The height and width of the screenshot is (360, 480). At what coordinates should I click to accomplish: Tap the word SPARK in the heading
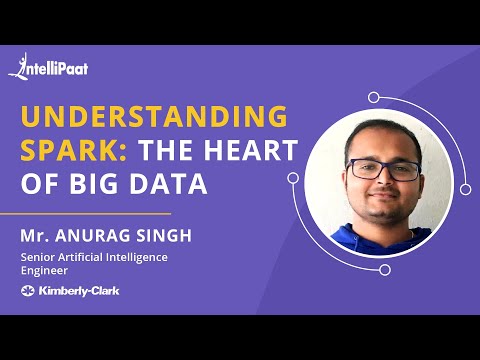[72, 151]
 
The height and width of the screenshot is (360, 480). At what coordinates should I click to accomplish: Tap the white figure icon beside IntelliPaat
[18, 66]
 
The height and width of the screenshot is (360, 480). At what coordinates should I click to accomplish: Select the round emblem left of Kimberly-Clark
[27, 291]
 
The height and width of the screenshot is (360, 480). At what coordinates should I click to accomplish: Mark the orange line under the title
[96, 213]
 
